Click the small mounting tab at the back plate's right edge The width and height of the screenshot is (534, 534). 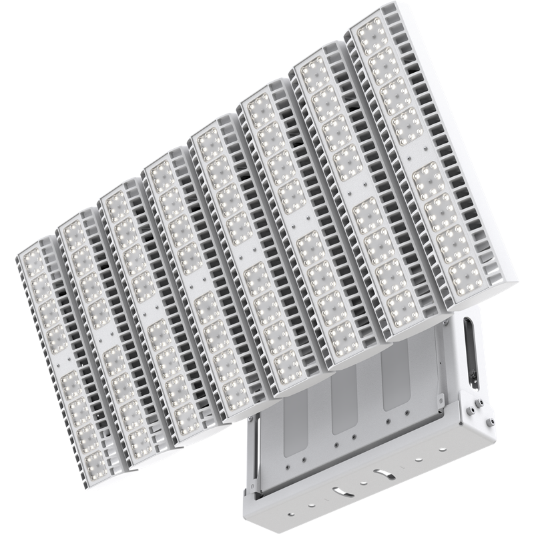pos(440,398)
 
